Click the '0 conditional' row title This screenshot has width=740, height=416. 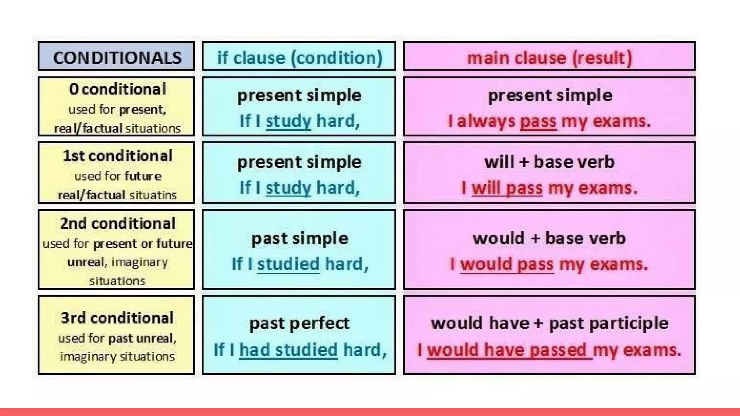point(117,89)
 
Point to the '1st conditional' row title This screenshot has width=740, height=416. point(117,156)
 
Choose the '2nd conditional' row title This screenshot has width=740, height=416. point(117,224)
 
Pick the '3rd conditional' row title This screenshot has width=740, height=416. point(117,318)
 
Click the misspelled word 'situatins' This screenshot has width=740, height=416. point(153,195)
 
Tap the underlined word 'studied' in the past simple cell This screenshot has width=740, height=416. point(288,264)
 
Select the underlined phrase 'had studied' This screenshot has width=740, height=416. point(288,350)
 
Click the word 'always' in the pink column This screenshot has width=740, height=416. point(486,121)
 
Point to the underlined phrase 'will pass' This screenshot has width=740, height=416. point(507,188)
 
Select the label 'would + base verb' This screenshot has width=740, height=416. point(549,238)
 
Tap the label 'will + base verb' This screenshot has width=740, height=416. point(549,162)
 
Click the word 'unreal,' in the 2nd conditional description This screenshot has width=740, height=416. point(87,262)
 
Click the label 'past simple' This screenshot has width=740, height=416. point(300,238)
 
